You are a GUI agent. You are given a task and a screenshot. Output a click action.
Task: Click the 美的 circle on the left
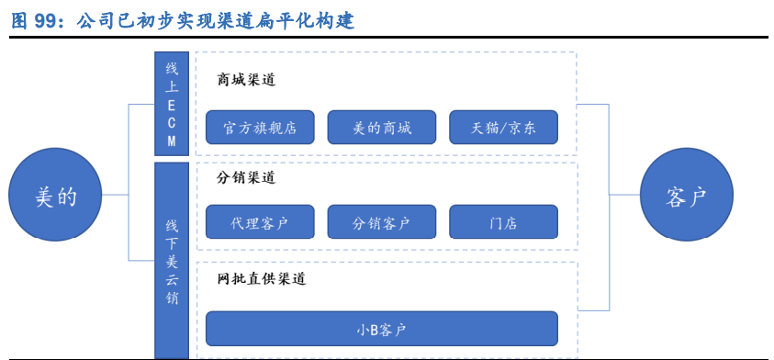pos(55,196)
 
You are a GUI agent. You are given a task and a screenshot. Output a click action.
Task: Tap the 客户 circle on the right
pos(686,196)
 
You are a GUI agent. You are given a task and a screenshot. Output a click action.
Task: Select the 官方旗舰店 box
pos(260,128)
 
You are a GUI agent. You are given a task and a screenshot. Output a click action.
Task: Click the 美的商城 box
pos(381,128)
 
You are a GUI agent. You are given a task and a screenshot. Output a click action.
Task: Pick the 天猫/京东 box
pos(503,128)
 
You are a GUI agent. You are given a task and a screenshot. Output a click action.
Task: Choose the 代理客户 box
pos(260,222)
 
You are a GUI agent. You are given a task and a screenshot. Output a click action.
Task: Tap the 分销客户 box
pos(381,222)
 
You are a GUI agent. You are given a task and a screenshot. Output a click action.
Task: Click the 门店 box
pos(503,222)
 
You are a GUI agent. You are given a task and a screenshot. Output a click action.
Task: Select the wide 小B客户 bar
pos(381,328)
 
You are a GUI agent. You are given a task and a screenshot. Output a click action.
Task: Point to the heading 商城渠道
pos(246,80)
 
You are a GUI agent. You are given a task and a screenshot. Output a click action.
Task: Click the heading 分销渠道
pos(246,177)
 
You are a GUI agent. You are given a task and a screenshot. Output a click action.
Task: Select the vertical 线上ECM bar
pos(172,104)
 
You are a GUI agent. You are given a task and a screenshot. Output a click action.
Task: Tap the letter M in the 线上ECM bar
pos(172,141)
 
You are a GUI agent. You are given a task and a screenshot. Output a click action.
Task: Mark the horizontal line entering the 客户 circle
pos(624,196)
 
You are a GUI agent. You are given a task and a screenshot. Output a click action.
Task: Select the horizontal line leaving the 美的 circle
pos(115,196)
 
